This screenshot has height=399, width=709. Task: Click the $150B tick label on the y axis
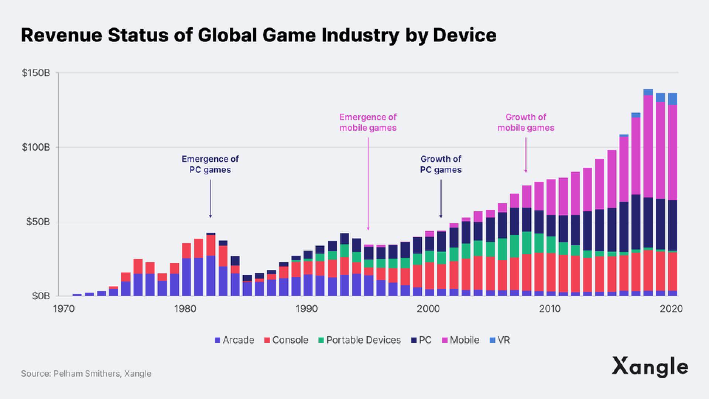point(36,73)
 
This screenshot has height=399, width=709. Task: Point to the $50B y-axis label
point(38,222)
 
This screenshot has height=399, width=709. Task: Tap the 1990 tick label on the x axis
point(306,308)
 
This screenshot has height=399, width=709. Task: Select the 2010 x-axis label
point(550,308)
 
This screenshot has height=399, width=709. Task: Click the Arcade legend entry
point(234,340)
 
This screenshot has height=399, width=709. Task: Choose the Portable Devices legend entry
point(359,340)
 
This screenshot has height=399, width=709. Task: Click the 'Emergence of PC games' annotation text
point(210,164)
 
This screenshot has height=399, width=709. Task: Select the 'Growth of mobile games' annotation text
point(525,122)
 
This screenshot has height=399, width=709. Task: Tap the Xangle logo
point(650,367)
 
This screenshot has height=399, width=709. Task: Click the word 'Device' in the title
point(465,35)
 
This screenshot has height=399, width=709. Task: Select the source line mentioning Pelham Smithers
point(86,374)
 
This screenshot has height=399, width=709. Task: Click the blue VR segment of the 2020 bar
point(673,99)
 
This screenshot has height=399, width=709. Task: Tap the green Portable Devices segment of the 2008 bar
point(527,243)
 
